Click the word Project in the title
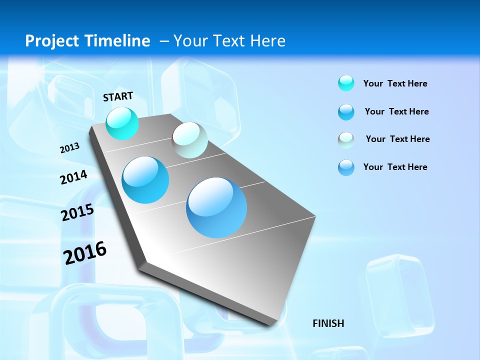[53, 41]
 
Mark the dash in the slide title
[164, 41]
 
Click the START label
[118, 96]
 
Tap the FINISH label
[328, 323]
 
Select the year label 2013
[69, 148]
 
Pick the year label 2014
[73, 177]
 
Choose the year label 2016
[85, 253]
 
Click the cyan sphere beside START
[122, 123]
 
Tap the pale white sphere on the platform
[189, 140]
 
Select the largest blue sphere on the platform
[216, 207]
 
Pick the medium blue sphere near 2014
[145, 180]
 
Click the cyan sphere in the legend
[346, 83]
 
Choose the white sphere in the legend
[346, 140]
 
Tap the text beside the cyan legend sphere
[395, 83]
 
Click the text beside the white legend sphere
[397, 139]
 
